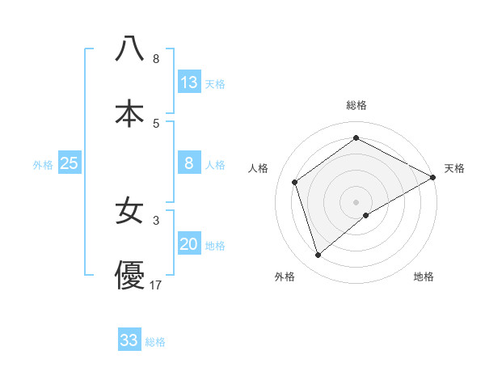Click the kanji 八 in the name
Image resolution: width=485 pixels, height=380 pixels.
click(x=129, y=49)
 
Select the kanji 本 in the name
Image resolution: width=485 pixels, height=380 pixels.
click(x=129, y=114)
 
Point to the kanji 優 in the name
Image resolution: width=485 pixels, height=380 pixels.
click(x=129, y=275)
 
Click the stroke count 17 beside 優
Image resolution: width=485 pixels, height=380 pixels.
click(x=157, y=285)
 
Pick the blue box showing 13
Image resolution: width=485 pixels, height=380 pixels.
click(x=189, y=82)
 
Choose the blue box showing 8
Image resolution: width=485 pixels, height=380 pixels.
click(x=189, y=164)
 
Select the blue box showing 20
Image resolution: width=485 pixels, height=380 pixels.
click(x=189, y=245)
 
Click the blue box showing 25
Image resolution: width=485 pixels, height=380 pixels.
click(x=70, y=164)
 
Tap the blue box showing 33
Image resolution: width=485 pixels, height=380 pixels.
click(x=129, y=341)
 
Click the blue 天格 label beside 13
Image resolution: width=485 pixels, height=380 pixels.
click(x=215, y=83)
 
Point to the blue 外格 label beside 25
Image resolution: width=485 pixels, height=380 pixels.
click(x=43, y=165)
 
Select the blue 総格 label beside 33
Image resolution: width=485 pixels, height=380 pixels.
click(x=155, y=342)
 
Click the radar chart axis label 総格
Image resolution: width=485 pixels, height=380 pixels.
click(x=356, y=105)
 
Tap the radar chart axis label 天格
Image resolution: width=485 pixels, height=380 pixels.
click(x=454, y=168)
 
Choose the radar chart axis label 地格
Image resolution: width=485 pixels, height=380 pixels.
click(x=424, y=277)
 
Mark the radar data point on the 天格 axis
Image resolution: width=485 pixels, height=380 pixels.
click(x=432, y=177)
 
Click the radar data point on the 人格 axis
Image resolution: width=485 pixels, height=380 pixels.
click(x=295, y=182)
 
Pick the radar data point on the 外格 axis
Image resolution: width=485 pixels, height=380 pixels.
click(x=318, y=255)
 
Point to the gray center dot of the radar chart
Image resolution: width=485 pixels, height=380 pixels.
click(x=356, y=201)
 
